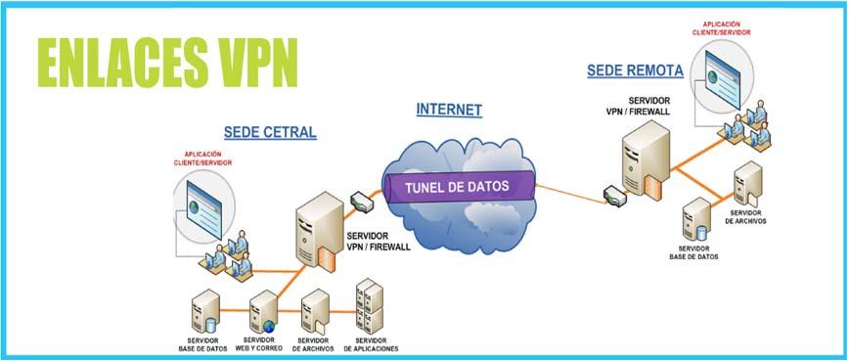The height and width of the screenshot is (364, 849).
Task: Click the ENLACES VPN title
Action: [168, 63]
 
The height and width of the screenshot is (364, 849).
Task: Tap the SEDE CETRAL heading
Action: [270, 133]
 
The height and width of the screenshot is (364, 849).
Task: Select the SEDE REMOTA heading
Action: [635, 70]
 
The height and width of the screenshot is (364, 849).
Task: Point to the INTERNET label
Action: [449, 110]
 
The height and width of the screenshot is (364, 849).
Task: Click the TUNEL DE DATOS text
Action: [458, 187]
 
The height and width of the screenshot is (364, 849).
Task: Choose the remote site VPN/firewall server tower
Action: [646, 159]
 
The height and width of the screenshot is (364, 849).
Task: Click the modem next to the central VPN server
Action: [362, 201]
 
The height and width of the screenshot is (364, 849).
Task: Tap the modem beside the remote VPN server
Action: [615, 196]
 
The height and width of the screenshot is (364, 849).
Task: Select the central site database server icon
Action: [205, 311]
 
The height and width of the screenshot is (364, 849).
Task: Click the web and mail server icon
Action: [263, 311]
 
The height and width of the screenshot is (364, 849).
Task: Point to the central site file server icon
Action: [315, 311]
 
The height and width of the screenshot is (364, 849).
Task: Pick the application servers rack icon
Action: [370, 306]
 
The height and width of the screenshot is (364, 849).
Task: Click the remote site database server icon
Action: [695, 219]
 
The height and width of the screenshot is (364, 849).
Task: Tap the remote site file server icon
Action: [748, 184]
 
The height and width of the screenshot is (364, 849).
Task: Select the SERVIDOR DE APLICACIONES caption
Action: [371, 344]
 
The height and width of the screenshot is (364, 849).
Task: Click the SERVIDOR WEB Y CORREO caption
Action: [259, 344]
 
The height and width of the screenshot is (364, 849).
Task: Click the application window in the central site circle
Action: [203, 209]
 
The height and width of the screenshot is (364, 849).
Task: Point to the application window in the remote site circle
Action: [723, 77]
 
